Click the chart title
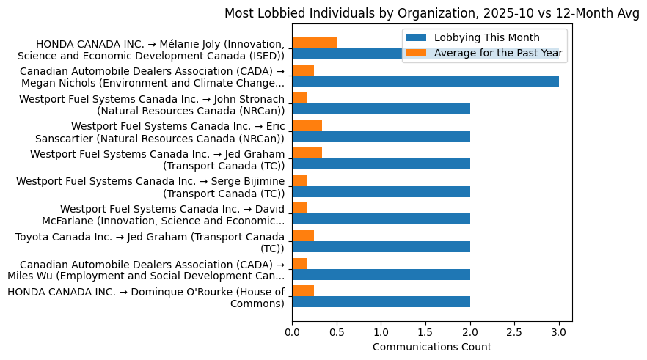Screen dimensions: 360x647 432,13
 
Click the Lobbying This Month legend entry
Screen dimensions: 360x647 486,38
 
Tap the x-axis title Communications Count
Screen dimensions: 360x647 432,347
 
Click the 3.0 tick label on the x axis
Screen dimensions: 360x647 559,332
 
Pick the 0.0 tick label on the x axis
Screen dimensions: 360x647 292,332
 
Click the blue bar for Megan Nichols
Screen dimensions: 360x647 425,81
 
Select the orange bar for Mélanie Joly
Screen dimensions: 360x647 314,43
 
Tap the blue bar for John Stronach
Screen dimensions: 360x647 381,109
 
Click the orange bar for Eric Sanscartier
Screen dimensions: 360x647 307,125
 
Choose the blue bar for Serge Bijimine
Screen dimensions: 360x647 381,191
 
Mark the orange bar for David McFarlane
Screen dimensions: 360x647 299,208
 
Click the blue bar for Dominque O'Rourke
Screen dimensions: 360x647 381,301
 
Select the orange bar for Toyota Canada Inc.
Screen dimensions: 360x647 303,235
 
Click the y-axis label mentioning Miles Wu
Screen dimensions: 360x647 146,270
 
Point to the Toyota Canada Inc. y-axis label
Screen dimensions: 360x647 150,243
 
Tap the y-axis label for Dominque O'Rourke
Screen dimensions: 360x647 146,298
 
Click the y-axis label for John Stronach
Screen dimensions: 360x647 152,105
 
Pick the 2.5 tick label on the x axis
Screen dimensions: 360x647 514,332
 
